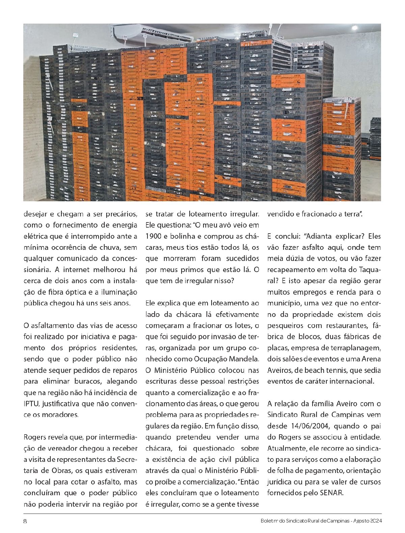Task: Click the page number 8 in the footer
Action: tap(25, 521)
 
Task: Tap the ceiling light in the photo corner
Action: tap(354, 27)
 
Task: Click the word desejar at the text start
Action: tap(35, 214)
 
